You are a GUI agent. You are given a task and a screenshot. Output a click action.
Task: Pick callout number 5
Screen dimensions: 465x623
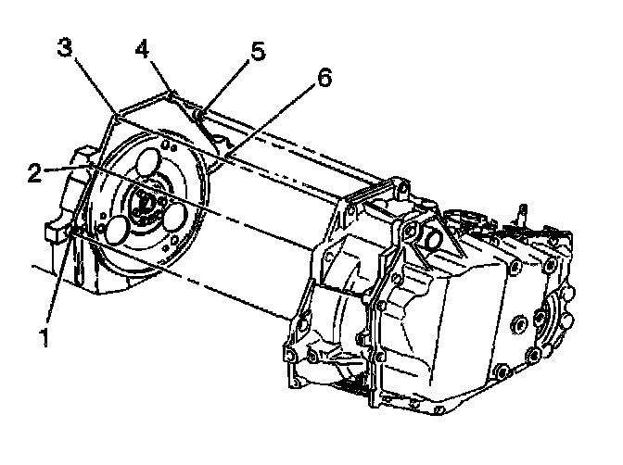coord(258,50)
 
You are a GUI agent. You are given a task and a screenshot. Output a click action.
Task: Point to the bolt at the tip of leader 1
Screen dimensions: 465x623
coord(74,232)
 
